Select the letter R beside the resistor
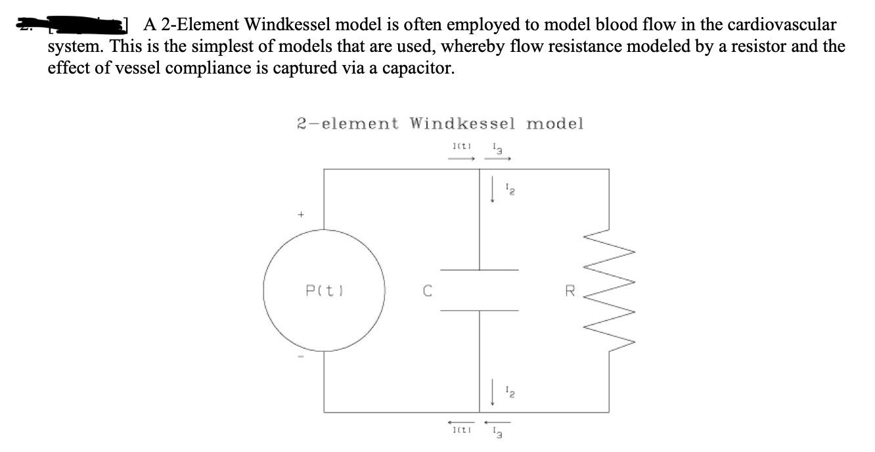click(x=570, y=290)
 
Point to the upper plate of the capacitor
click(x=479, y=269)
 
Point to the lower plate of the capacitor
click(x=479, y=311)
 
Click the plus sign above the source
click(x=302, y=214)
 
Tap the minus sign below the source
click(x=302, y=358)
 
